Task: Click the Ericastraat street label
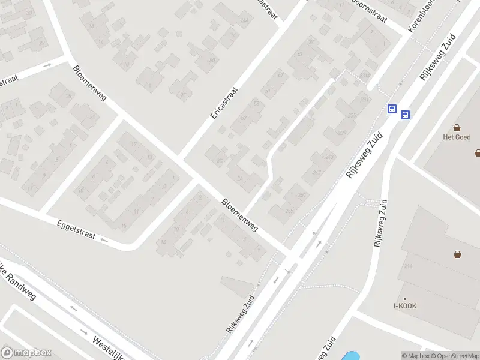[224, 103]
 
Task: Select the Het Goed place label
[457, 137]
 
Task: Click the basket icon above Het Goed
[457, 127]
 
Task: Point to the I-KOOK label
[405, 306]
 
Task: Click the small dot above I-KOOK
[405, 298]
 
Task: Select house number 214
[409, 266]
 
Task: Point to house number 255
[289, 211]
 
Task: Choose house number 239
[342, 133]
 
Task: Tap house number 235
[352, 116]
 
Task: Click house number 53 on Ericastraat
[256, 103]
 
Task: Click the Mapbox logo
[26, 353]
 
